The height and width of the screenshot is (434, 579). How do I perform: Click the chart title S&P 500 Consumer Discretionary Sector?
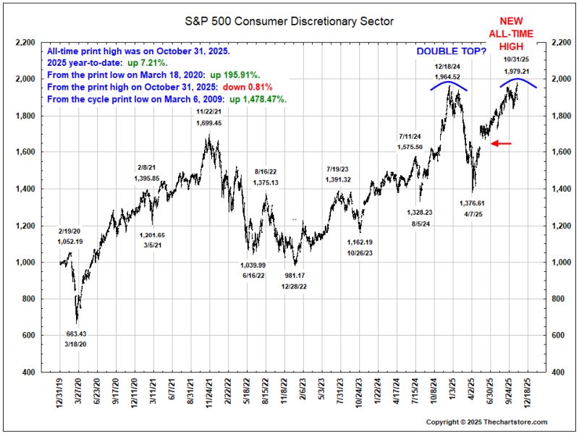(x=289, y=22)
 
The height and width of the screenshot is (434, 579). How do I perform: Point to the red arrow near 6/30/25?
(x=501, y=143)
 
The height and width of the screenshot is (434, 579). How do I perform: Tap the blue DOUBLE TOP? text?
(x=451, y=51)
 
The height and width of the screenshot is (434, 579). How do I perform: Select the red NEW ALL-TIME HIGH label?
(x=511, y=34)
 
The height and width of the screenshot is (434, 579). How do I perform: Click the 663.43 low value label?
(x=76, y=334)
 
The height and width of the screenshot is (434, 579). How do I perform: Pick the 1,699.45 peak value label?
(x=209, y=123)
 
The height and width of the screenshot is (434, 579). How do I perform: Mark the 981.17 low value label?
(x=295, y=276)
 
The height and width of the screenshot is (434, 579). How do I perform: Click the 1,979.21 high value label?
(x=516, y=72)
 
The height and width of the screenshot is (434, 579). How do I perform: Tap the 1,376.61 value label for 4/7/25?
(x=473, y=203)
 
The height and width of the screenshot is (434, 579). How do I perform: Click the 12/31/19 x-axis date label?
(x=60, y=392)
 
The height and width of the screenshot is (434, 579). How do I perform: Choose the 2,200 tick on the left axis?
(x=25, y=43)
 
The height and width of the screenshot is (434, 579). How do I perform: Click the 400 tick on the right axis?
(x=557, y=373)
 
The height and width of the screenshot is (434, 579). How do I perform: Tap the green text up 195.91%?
(x=235, y=75)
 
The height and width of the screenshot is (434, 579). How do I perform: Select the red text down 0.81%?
(x=248, y=88)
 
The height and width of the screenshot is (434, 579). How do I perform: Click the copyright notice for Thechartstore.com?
(x=486, y=422)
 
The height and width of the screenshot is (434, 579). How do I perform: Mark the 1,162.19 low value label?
(x=360, y=242)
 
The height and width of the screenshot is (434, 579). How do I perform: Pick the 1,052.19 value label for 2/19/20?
(x=70, y=242)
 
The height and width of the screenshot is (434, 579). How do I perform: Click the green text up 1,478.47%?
(x=258, y=99)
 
